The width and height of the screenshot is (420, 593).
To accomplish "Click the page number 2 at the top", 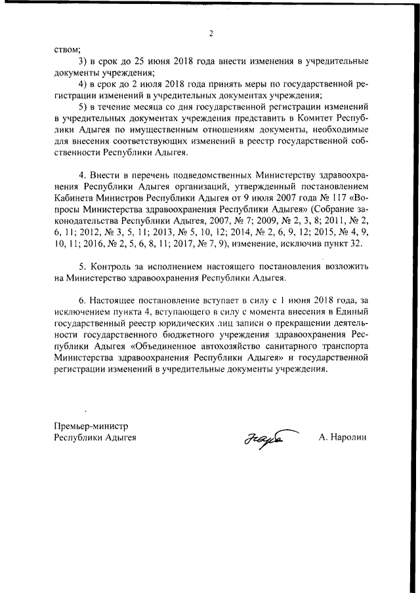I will [x=211, y=34].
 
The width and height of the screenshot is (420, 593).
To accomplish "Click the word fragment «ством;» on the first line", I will [x=68, y=49].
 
